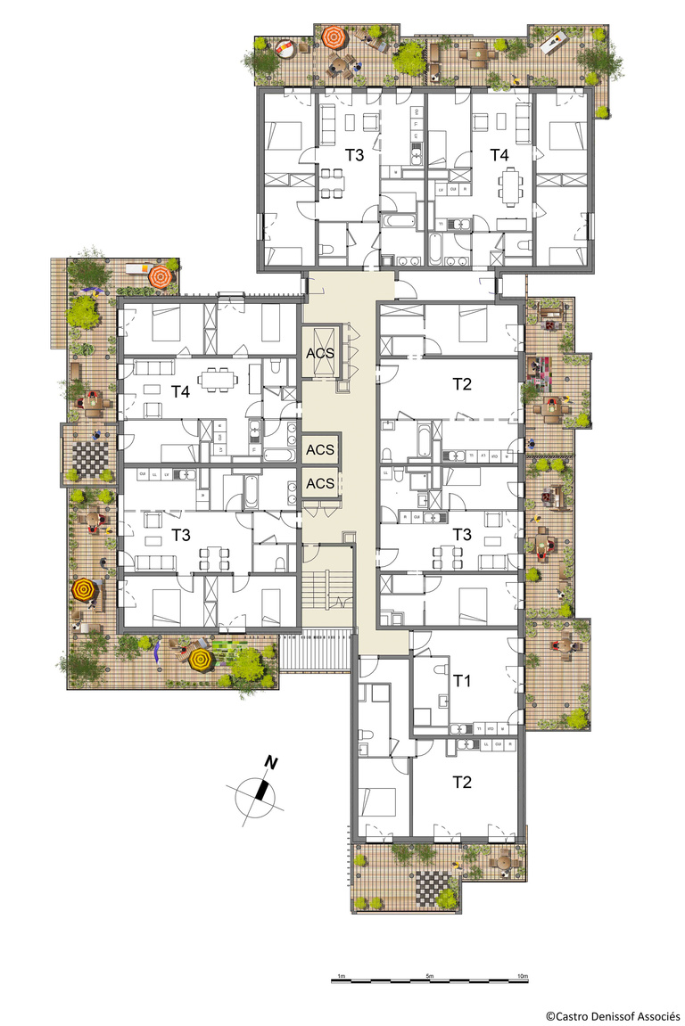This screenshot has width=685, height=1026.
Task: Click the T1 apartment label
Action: (x=461, y=681)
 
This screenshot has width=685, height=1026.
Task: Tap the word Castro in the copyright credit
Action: (x=571, y=1015)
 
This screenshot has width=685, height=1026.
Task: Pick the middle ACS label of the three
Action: (x=320, y=449)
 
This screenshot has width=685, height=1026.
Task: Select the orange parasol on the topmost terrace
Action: (x=334, y=37)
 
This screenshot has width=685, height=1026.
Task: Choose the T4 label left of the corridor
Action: (x=182, y=391)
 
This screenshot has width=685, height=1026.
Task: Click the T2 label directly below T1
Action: (x=461, y=782)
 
